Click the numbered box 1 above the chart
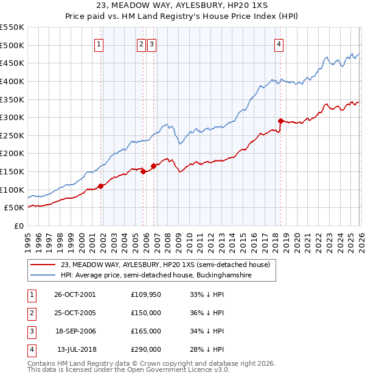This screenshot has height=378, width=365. [99, 43]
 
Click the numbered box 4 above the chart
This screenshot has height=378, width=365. [279, 43]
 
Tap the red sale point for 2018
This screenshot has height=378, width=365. [280, 121]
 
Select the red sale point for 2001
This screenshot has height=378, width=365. [101, 186]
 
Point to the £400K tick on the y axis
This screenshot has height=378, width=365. [12, 81]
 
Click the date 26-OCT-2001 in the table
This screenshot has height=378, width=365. [74, 294]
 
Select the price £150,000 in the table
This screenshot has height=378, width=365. [146, 313]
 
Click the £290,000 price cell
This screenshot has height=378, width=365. [146, 349]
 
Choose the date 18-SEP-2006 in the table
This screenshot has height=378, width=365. [74, 331]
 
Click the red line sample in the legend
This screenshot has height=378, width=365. [44, 265]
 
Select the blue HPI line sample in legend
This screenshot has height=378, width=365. [44, 275]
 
